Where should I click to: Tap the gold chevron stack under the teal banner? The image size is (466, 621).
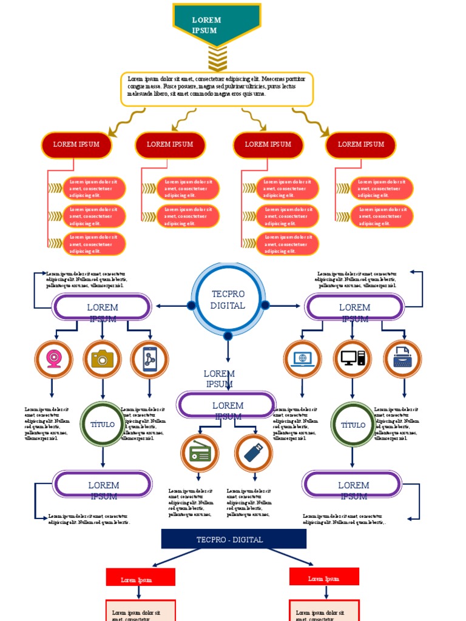tap(217, 59)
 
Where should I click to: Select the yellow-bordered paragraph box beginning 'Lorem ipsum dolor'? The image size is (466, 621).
tap(217, 89)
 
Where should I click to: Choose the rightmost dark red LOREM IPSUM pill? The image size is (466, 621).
tap(361, 145)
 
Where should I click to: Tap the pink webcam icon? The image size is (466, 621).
tap(53, 360)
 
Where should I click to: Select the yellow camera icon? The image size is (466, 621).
tap(103, 360)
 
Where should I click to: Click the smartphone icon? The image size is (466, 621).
tap(149, 360)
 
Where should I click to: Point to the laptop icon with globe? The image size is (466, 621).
tap(302, 360)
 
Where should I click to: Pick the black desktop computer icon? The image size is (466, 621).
tap(353, 360)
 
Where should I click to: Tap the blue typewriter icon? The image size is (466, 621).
tap(402, 360)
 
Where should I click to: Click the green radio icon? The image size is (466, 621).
tap(200, 453)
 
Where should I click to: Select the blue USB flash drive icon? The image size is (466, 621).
tap(254, 453)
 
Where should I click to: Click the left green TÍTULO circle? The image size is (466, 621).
tap(103, 425)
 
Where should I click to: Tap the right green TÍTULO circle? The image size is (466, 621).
tap(353, 425)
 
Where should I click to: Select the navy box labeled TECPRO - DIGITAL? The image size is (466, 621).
tap(234, 539)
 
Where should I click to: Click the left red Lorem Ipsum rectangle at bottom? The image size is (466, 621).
tap(141, 577)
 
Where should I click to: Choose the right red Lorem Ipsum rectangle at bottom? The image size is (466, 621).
tap(324, 576)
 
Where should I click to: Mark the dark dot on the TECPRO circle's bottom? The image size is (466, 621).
tap(228, 336)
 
